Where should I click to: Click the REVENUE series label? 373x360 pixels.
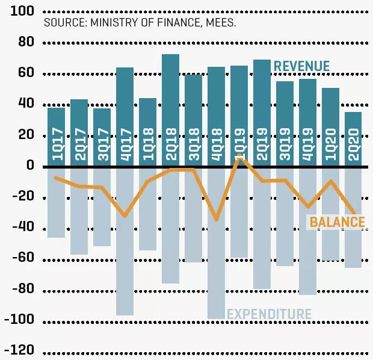301,66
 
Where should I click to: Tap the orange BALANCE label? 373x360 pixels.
337,222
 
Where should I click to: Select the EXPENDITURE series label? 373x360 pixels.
269,314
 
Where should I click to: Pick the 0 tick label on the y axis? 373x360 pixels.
29,166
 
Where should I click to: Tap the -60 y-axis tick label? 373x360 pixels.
19,259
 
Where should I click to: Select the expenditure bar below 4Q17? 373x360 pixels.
125,265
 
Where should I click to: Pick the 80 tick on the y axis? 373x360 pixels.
26,43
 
